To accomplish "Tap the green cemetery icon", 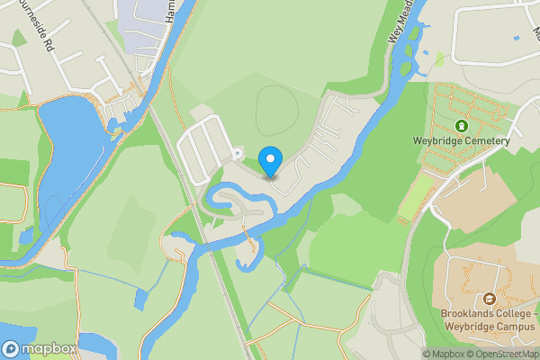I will [462, 126].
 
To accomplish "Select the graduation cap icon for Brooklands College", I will [490, 299].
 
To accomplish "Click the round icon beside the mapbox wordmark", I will [11, 347].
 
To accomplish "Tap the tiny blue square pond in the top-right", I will [516, 38].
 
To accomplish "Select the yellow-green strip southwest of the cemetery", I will [415, 195].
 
